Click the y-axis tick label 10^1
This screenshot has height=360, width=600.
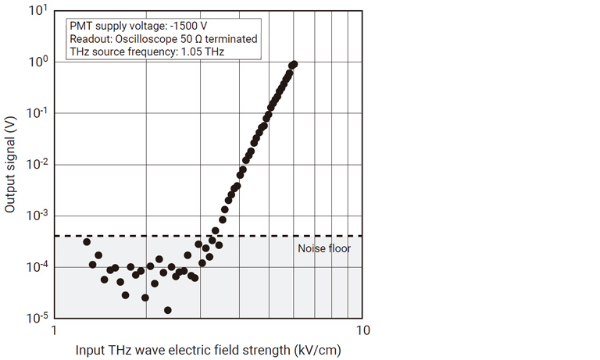[x=36, y=11]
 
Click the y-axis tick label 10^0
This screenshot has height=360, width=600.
[x=36, y=62]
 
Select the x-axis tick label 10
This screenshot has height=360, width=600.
[x=361, y=330]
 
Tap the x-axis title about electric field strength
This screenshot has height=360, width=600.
[x=208, y=349]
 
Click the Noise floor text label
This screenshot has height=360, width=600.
[x=324, y=249]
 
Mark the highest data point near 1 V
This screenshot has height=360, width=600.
[x=293, y=64]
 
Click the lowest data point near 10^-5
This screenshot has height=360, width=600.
[x=168, y=310]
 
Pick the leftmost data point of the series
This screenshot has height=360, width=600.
[x=87, y=242]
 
